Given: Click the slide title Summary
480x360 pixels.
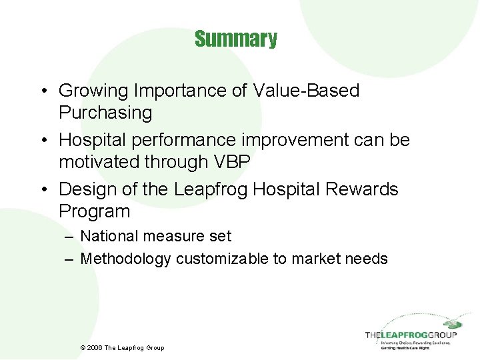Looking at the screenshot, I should (236, 39).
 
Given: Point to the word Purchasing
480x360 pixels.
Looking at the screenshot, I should (105, 113).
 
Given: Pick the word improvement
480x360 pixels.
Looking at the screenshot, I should (283, 140).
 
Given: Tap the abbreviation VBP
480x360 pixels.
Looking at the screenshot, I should (229, 162).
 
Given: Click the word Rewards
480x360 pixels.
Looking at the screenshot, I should (362, 189).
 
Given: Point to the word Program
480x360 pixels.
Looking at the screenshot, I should (94, 211).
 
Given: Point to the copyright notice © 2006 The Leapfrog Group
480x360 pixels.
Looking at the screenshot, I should (122, 347).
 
